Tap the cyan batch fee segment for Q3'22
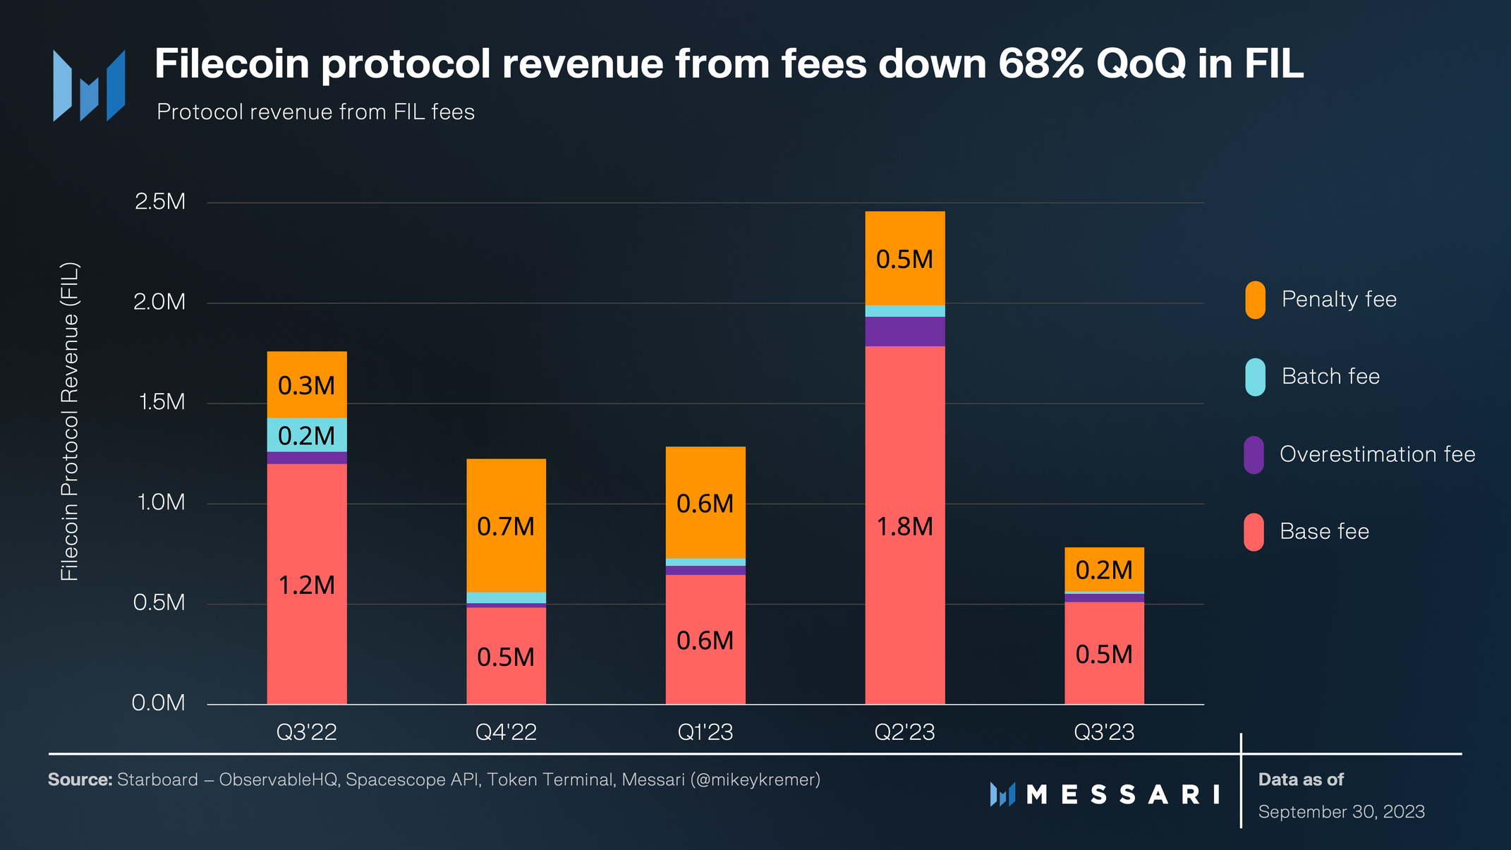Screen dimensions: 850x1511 (307, 435)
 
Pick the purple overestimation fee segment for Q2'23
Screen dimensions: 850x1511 (904, 332)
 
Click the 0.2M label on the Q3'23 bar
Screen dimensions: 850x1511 (1104, 570)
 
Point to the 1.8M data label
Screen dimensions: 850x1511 (904, 527)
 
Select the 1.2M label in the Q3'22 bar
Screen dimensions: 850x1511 (307, 585)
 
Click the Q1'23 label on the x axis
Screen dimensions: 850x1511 (705, 732)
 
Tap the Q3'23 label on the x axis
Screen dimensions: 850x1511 (1104, 732)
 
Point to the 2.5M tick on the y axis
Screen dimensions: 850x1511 (160, 202)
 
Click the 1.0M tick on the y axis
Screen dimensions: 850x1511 (161, 502)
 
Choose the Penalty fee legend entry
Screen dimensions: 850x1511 (1338, 299)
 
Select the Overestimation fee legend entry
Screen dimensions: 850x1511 (1377, 454)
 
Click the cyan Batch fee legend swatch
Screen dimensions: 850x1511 (1255, 377)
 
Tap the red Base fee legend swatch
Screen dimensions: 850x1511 (1254, 532)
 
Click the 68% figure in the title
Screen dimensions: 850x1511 (1041, 63)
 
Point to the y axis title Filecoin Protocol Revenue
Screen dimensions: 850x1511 (70, 422)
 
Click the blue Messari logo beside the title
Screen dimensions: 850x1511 (90, 85)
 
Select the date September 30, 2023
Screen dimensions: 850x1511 (1341, 812)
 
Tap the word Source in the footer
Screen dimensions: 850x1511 (80, 779)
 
